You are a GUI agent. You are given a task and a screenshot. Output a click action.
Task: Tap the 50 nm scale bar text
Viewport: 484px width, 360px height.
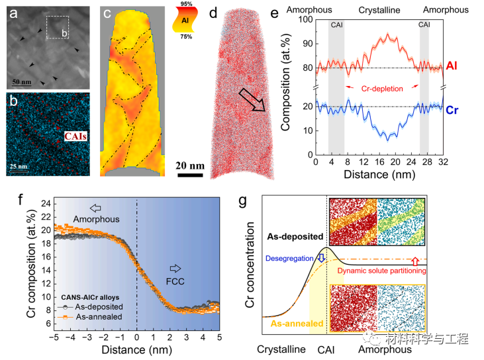coord(22,83)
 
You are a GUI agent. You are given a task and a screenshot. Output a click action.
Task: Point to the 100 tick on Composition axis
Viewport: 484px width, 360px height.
coord(304,21)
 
